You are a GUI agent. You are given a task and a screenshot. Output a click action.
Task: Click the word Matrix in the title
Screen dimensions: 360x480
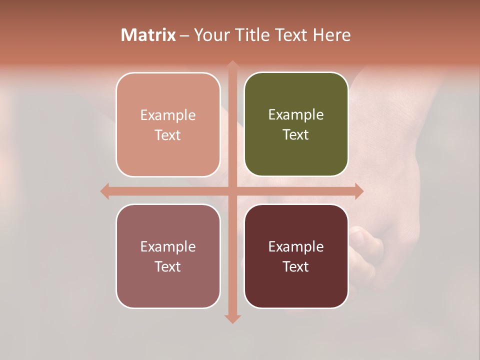click(x=148, y=35)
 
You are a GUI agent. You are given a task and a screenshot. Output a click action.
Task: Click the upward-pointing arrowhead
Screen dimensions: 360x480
click(x=232, y=65)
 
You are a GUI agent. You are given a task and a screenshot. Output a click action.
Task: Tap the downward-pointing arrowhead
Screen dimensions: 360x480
click(x=232, y=318)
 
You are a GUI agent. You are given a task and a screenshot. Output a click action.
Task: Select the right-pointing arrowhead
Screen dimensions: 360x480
click(x=358, y=191)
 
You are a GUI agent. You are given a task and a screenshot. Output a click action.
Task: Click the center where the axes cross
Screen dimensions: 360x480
click(x=232, y=191)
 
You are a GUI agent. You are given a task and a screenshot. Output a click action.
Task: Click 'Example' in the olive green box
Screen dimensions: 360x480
click(x=296, y=115)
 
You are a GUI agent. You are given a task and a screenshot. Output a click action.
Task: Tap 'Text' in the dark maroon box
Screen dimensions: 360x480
click(x=296, y=266)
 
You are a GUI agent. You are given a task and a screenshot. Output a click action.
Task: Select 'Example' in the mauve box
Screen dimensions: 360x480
click(x=168, y=246)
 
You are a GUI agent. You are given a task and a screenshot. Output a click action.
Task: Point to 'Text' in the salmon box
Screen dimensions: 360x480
click(x=168, y=135)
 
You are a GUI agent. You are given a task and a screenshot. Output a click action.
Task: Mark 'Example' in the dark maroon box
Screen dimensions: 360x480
click(x=296, y=246)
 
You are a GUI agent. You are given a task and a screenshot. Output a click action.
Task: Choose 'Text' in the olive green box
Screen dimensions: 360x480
click(x=296, y=135)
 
